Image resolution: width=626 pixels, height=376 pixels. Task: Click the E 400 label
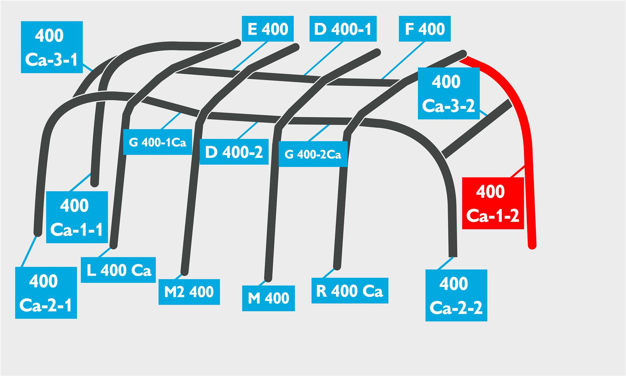point(267,29)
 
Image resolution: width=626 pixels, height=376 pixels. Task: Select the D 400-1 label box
point(343,29)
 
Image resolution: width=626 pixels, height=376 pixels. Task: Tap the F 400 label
point(424,29)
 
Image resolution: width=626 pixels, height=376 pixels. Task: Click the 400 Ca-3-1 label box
point(52,47)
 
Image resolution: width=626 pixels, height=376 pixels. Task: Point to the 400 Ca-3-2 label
point(448,93)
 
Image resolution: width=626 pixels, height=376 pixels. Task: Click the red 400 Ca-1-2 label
point(493,203)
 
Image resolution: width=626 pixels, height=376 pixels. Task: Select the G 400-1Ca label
point(157,142)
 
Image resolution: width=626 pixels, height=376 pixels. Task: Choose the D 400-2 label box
point(234,152)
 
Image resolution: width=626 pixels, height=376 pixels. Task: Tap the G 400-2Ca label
point(313,154)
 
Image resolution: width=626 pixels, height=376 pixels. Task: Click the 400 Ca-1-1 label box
point(77,217)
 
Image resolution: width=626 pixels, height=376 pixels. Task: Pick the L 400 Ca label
point(118,270)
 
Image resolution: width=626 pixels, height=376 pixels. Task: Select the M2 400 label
point(189,292)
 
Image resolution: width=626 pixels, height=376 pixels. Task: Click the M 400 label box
point(268,298)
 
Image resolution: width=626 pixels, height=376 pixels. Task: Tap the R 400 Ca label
point(350,291)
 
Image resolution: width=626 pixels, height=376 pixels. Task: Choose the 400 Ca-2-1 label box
point(46,293)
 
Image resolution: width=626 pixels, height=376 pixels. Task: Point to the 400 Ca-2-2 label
point(456,295)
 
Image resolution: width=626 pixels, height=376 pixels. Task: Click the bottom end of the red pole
point(533,246)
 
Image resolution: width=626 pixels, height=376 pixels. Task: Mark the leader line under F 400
point(403,60)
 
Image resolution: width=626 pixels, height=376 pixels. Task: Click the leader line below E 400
point(250,55)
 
